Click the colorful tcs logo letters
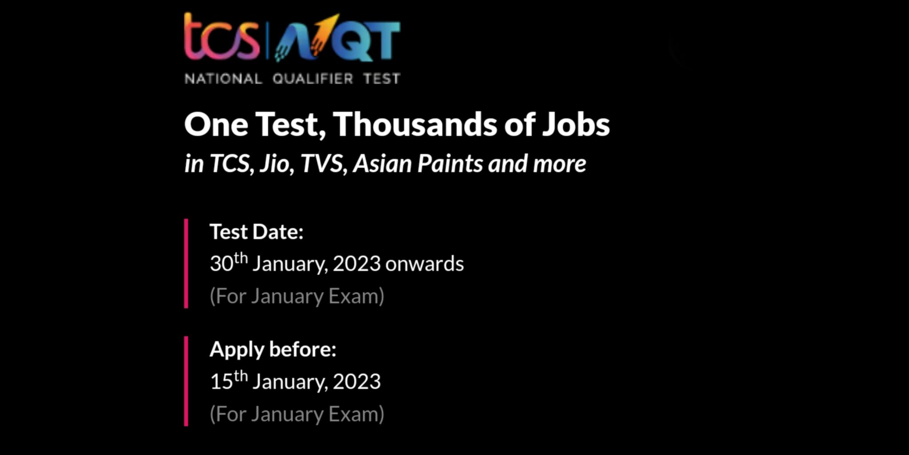click(x=221, y=37)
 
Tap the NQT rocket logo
click(x=337, y=38)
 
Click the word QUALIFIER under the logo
click(x=312, y=79)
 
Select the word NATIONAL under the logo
click(x=223, y=79)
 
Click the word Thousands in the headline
click(x=415, y=124)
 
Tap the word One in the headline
click(x=216, y=124)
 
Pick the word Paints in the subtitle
click(x=450, y=164)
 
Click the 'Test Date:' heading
click(x=257, y=232)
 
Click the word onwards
click(x=424, y=264)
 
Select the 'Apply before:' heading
click(x=273, y=349)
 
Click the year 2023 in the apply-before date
click(x=356, y=382)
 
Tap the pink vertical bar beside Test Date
click(x=186, y=263)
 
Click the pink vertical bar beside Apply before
click(x=186, y=381)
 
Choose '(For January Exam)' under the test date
click(x=297, y=296)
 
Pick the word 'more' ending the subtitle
click(x=559, y=164)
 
